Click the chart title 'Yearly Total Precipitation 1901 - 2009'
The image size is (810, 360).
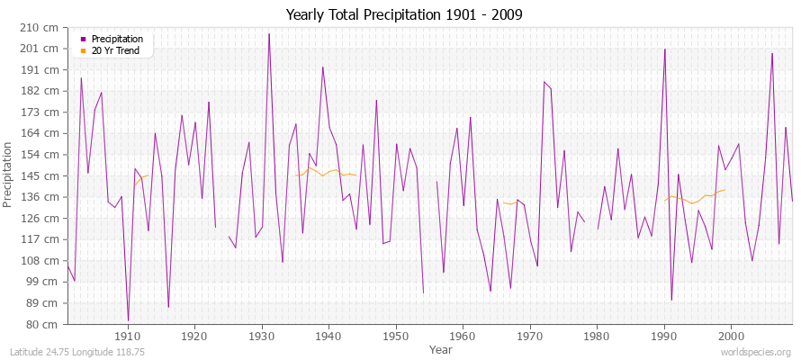click(x=405, y=15)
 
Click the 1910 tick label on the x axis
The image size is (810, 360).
click(x=128, y=337)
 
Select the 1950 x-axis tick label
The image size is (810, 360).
click(x=395, y=337)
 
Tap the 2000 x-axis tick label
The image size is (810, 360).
click(x=730, y=337)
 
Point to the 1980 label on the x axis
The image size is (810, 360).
click(x=596, y=337)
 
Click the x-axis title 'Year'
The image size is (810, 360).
click(x=441, y=348)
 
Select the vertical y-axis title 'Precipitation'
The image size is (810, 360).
click(x=9, y=175)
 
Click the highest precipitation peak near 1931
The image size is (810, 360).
click(x=268, y=34)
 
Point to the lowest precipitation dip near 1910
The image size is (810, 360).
click(x=128, y=320)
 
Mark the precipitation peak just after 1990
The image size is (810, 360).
click(x=664, y=49)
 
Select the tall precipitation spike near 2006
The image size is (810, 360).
click(x=771, y=53)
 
